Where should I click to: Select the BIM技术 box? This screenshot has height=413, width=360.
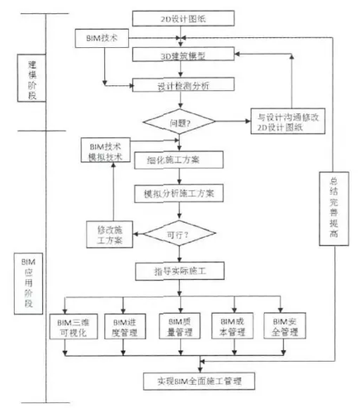click(103, 39)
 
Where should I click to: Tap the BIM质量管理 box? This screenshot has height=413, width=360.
click(180, 325)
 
